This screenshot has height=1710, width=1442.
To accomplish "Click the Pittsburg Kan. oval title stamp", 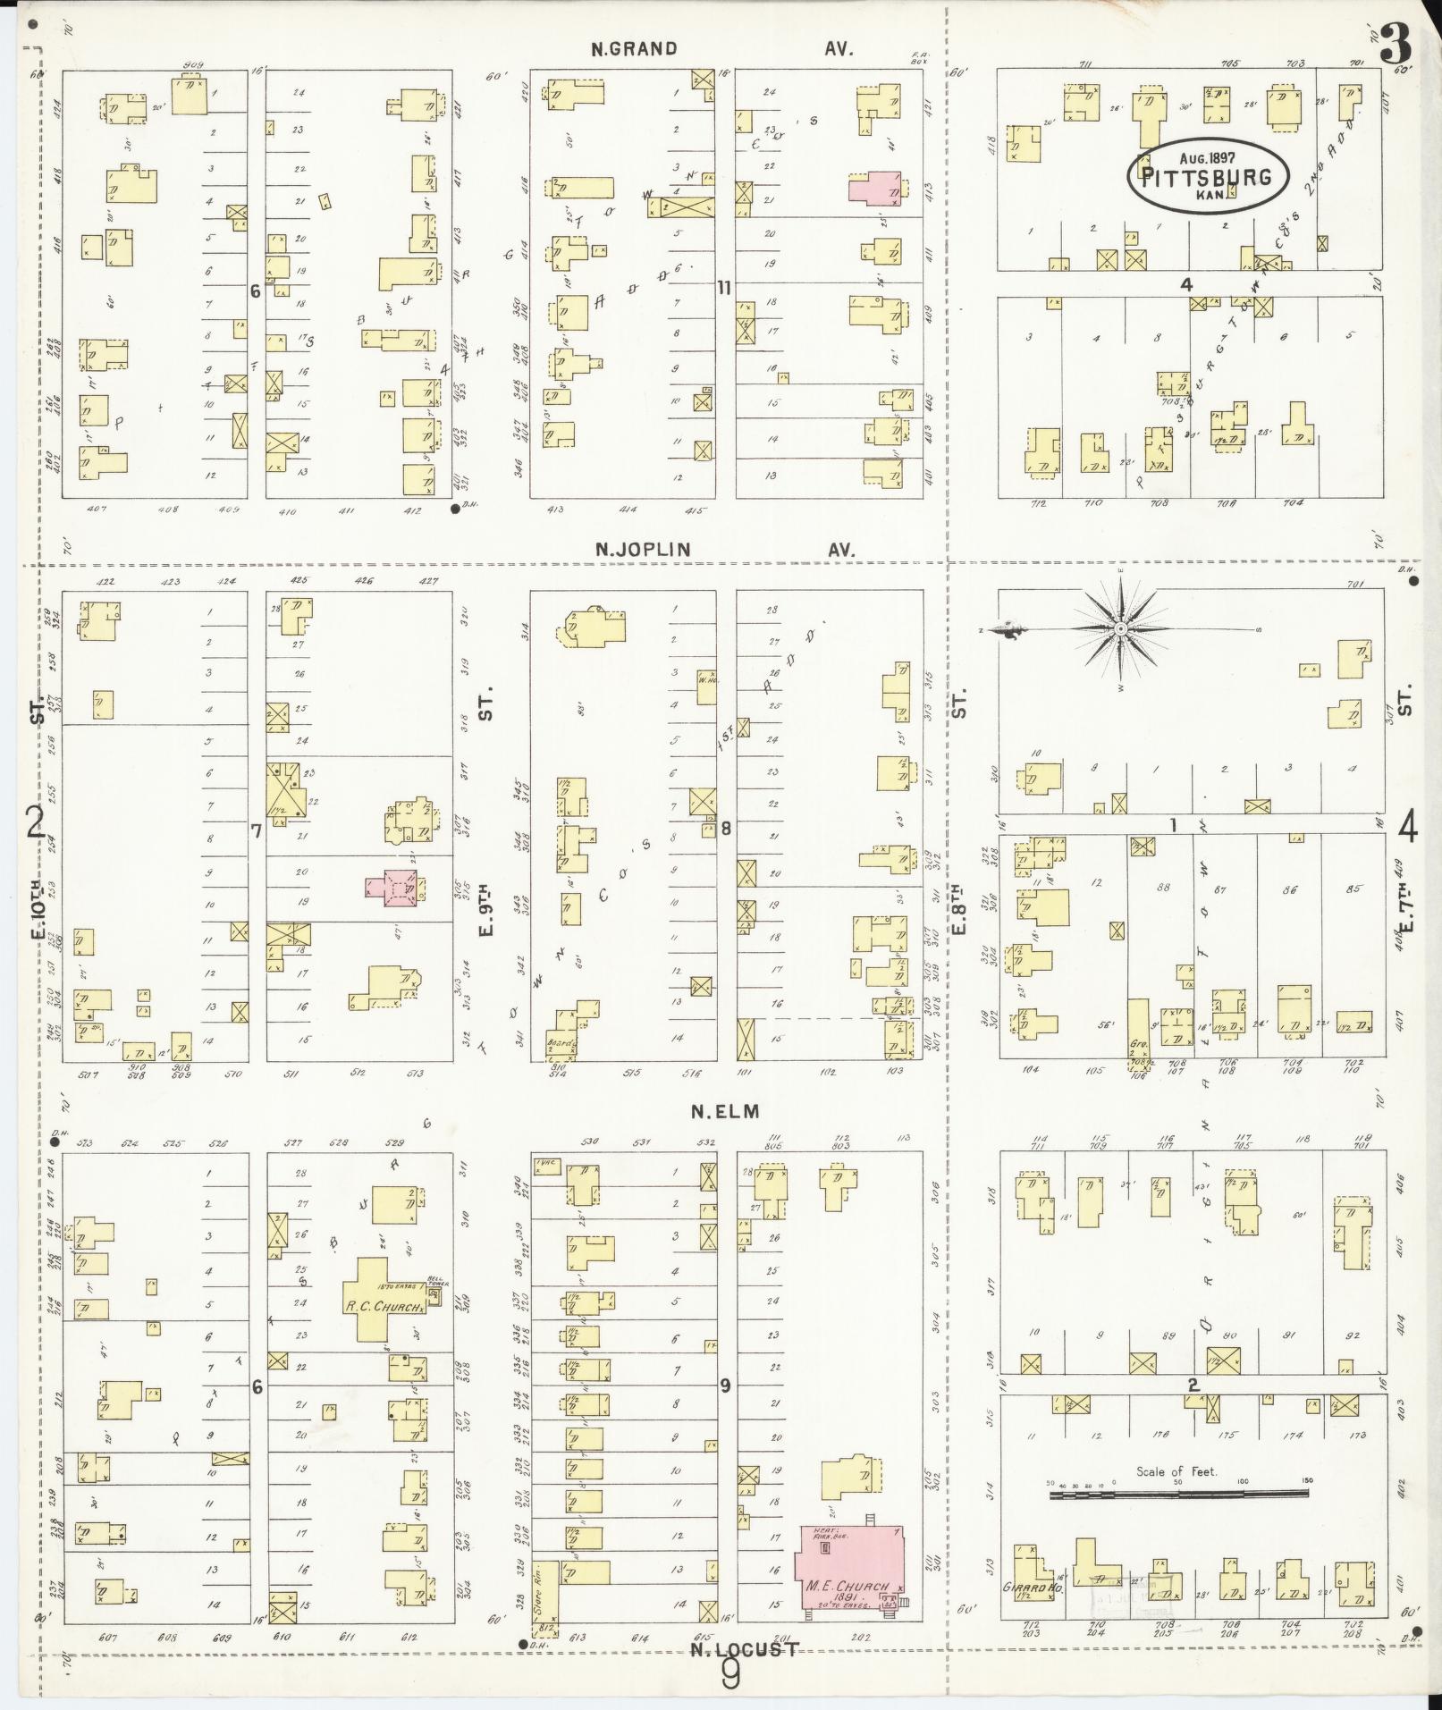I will point(1208,175).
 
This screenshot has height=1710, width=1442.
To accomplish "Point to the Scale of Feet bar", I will point(1176,1492).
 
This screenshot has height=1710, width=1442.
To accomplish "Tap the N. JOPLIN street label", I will point(643,550).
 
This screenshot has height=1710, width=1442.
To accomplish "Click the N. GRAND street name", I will point(634,49).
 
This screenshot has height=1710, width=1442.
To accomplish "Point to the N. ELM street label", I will point(724,1111).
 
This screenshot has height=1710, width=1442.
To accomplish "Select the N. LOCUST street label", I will point(744,1648).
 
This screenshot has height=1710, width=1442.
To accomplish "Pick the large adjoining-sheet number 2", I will point(35,821).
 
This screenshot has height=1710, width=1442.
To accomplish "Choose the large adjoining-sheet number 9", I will point(730,1677).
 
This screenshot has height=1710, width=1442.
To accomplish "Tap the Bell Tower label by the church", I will point(436,1282).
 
